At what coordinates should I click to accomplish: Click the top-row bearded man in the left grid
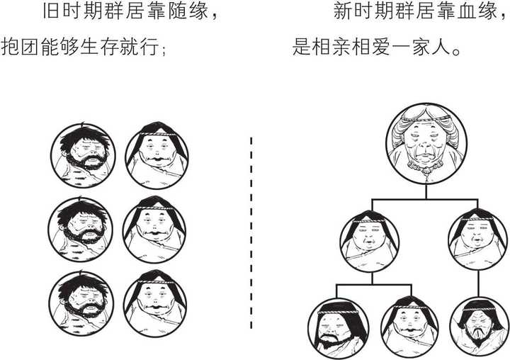pos(81,154)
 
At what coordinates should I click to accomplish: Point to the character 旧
pos(50,13)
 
